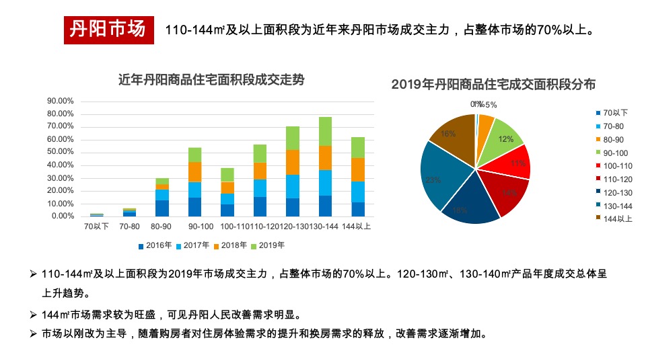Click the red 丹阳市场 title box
coord(107,30)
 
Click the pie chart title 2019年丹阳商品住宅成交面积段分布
coord(493,84)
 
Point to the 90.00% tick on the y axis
coord(60,101)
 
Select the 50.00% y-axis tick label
coord(60,152)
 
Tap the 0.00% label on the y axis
coord(62,216)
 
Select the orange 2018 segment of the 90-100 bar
coord(194,172)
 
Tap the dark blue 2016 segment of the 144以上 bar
coord(357,209)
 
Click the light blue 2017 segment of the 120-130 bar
coord(292,186)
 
